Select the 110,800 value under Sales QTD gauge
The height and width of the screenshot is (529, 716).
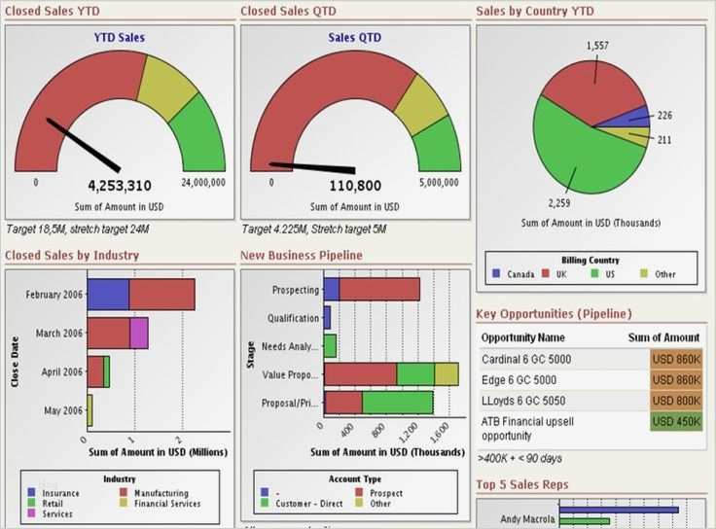(x=354, y=186)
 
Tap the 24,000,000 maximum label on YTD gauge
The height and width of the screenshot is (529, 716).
(x=203, y=182)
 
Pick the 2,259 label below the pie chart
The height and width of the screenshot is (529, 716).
(x=559, y=203)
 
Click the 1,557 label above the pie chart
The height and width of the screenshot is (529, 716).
(x=598, y=46)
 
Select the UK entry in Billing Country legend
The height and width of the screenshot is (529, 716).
(x=558, y=274)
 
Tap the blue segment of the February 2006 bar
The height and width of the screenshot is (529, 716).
(x=108, y=295)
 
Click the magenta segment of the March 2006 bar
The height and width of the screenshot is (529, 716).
(x=138, y=333)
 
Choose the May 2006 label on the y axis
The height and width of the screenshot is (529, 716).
(x=62, y=409)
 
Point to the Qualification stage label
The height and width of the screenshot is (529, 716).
(x=293, y=318)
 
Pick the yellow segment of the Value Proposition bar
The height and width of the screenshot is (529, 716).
(x=447, y=374)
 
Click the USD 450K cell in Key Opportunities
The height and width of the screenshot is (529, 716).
(x=676, y=422)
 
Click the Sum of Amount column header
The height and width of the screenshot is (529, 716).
(x=664, y=337)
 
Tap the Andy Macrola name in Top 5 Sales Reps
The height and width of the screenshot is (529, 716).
(x=519, y=518)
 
